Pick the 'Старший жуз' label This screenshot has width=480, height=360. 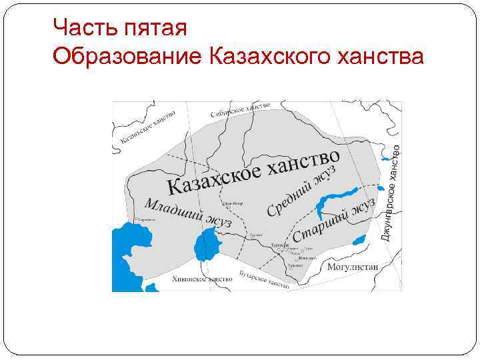(333, 220)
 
